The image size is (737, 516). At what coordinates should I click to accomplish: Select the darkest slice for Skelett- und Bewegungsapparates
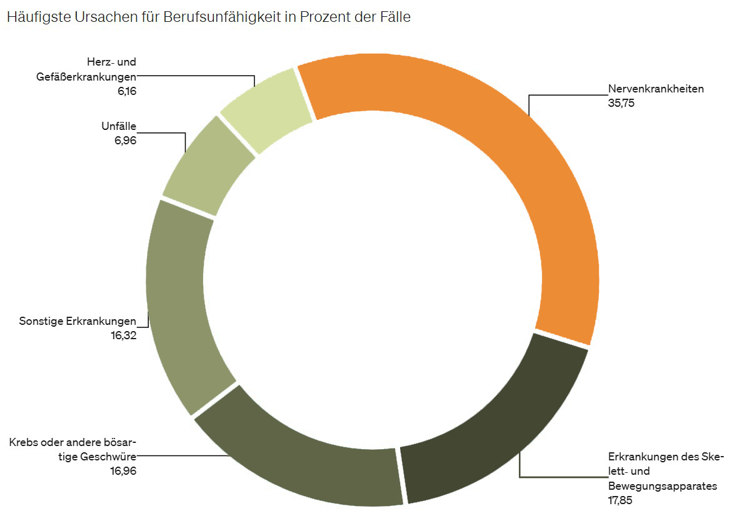(x=494, y=431)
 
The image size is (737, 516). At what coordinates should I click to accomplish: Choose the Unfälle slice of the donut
(x=206, y=166)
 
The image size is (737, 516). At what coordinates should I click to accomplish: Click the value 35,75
(x=621, y=104)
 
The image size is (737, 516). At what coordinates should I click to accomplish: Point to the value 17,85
(x=621, y=500)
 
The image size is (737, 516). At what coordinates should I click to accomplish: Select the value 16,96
(x=123, y=470)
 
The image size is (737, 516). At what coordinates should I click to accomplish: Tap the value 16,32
(x=123, y=335)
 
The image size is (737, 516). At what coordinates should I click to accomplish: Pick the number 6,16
(x=126, y=91)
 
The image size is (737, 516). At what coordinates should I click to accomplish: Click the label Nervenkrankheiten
(x=656, y=89)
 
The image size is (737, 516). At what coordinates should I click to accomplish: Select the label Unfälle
(x=119, y=126)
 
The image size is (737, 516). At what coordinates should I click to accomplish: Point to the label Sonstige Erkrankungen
(x=78, y=321)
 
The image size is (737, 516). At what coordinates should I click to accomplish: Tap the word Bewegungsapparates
(x=662, y=485)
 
